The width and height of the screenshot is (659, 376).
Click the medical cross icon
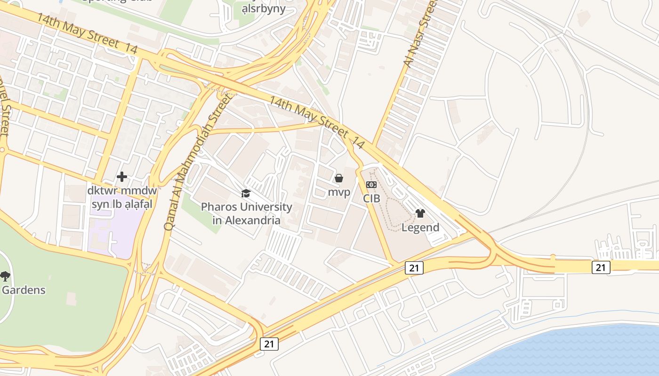click(x=122, y=177)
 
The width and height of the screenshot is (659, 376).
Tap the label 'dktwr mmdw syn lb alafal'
click(x=122, y=198)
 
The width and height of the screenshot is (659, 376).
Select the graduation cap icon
click(x=246, y=194)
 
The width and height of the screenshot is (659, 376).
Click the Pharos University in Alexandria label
click(x=246, y=213)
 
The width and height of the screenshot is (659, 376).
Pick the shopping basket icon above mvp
click(x=338, y=178)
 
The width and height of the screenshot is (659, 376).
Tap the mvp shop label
click(x=339, y=192)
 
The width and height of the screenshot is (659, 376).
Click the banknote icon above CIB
click(x=371, y=185)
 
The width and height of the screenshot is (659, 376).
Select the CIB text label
click(x=371, y=198)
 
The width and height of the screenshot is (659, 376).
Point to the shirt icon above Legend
click(x=420, y=213)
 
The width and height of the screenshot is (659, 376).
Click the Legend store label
click(x=420, y=227)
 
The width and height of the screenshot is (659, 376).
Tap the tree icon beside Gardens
click(x=5, y=276)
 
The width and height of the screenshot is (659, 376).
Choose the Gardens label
click(x=24, y=290)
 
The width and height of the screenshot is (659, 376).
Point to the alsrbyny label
click(x=263, y=8)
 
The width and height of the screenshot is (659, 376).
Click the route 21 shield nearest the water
click(x=601, y=267)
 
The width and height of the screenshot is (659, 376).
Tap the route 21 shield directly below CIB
click(x=414, y=268)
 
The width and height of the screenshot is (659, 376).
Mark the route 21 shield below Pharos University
click(x=269, y=344)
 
